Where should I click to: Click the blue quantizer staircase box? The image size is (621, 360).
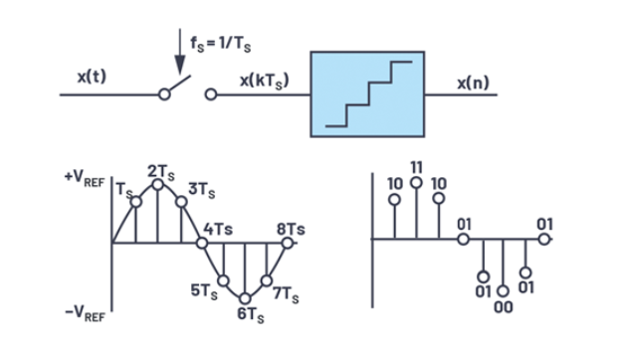[x=367, y=94]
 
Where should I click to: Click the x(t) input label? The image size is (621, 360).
[x=92, y=77]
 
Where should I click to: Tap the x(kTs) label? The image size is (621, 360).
[x=265, y=81]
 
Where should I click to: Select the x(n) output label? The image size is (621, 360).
[x=474, y=83]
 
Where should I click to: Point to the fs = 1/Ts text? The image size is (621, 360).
[x=221, y=44]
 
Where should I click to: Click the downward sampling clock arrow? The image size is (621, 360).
[x=180, y=52]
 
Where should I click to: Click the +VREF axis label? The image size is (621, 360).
[x=85, y=179]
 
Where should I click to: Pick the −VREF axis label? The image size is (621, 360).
[x=85, y=313]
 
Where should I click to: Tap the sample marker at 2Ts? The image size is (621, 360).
[x=157, y=185]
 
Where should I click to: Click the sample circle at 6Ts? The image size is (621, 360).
[x=245, y=298]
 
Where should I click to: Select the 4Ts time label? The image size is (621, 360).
[x=218, y=229]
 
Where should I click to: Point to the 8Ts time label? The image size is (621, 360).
[x=291, y=229]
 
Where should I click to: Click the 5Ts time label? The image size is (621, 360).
[x=204, y=291]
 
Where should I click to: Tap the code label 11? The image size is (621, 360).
[x=417, y=168]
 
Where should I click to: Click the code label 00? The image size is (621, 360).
[x=504, y=307]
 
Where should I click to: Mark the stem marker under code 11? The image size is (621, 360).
[x=416, y=183]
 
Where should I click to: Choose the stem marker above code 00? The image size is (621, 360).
[x=503, y=291]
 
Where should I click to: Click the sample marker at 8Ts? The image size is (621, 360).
[x=288, y=243]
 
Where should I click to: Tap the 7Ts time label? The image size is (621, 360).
[x=286, y=295]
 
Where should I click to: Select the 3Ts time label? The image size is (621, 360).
[x=202, y=190]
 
